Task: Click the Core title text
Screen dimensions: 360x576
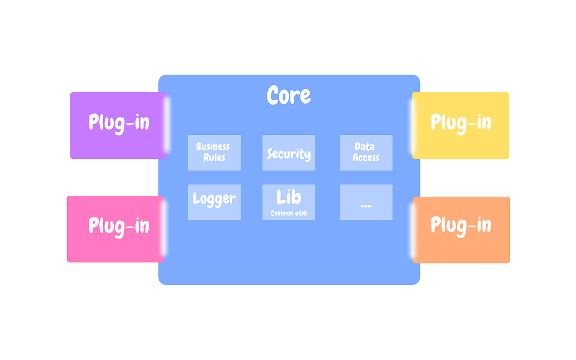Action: click(x=288, y=95)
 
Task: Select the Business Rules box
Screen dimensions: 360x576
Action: click(x=214, y=153)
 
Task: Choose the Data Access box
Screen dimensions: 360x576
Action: click(x=366, y=153)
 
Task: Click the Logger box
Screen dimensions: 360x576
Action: click(x=214, y=202)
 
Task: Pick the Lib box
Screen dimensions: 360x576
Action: click(x=288, y=202)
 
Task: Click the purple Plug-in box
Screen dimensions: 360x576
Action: click(x=119, y=125)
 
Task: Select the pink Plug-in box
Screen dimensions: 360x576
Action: click(x=116, y=228)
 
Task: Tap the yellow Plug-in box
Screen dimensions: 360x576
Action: click(x=460, y=125)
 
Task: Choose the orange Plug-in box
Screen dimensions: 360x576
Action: click(x=461, y=229)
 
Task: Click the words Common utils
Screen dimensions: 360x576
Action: click(x=289, y=213)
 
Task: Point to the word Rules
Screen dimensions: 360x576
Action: click(x=214, y=157)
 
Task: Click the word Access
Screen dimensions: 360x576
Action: click(x=366, y=157)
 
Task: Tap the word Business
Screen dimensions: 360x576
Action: click(x=213, y=147)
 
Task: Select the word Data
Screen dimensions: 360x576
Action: click(x=364, y=147)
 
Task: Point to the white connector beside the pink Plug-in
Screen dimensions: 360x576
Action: click(x=164, y=228)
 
